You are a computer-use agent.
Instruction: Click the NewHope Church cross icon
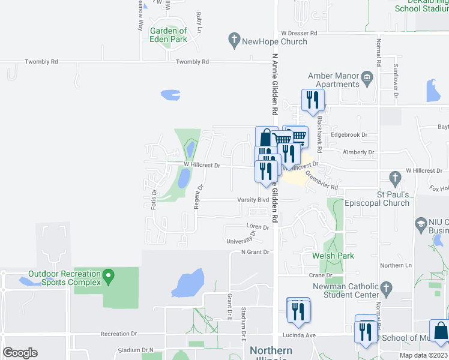[234, 41]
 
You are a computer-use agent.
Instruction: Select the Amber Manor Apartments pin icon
[367, 77]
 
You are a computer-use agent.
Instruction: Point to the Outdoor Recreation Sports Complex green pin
[108, 277]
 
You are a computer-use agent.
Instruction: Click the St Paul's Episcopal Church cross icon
[394, 178]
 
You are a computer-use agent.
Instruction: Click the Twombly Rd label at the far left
[41, 62]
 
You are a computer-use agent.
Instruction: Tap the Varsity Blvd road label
[255, 200]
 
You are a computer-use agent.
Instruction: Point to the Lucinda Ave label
[300, 335]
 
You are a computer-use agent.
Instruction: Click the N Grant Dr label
[256, 252]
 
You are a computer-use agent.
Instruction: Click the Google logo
[20, 352]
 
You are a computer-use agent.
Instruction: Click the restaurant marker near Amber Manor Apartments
[312, 100]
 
